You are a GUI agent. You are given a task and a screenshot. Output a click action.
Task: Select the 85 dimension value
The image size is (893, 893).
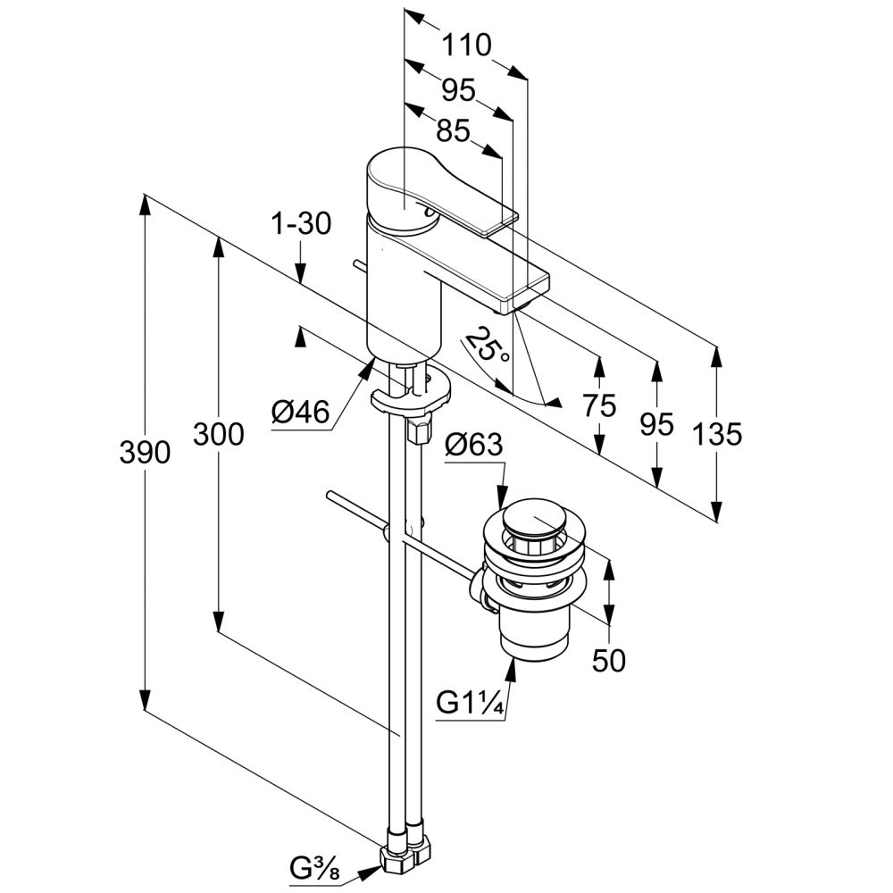pyautogui.click(x=453, y=131)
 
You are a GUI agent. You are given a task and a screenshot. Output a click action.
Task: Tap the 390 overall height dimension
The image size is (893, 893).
pyautogui.click(x=145, y=453)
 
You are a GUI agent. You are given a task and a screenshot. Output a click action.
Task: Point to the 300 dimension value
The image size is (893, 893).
pyautogui.click(x=219, y=435)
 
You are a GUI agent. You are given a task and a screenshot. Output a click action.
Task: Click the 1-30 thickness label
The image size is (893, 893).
pyautogui.click(x=301, y=223)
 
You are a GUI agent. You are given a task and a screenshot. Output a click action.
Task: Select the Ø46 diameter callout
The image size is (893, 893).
pyautogui.click(x=301, y=412)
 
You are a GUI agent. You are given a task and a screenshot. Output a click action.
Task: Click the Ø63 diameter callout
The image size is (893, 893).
pyautogui.click(x=475, y=444)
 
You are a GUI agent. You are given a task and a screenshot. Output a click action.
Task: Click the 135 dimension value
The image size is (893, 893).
pyautogui.click(x=716, y=435)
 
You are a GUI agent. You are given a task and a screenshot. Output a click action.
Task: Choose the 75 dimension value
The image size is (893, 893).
pyautogui.click(x=599, y=406)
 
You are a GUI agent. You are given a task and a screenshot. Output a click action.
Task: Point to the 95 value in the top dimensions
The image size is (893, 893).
pyautogui.click(x=458, y=89)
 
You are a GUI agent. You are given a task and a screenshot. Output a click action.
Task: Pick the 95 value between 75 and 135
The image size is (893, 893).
pyautogui.click(x=657, y=424)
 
